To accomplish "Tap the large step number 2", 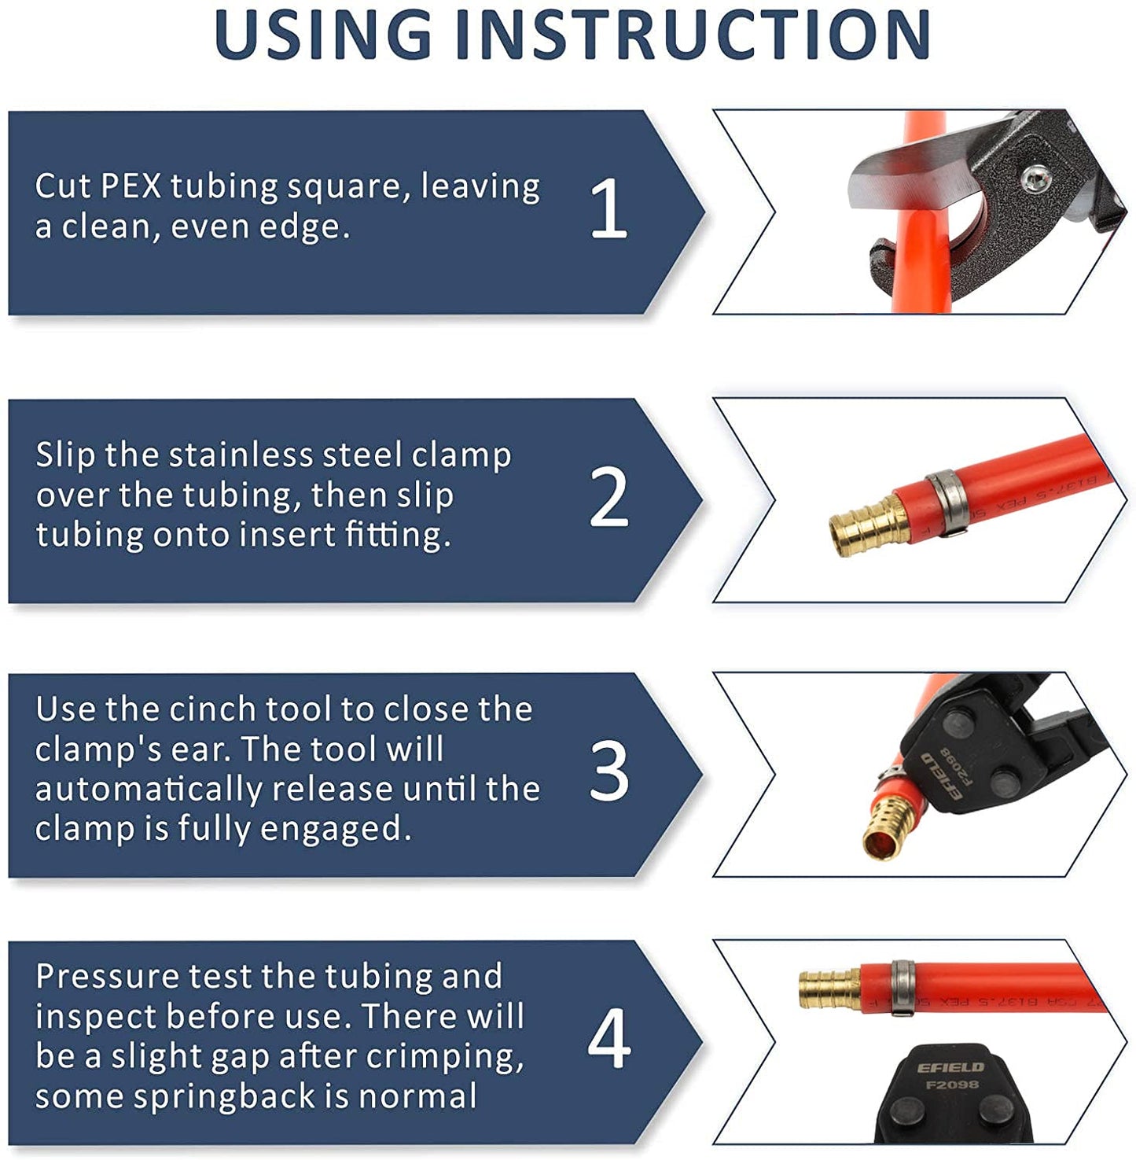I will tap(608, 497).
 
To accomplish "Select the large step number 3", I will tap(608, 772).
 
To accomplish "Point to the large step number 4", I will tap(608, 1040).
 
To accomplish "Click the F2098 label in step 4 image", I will tap(951, 1085).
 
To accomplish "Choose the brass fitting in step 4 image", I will tap(827, 986).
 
